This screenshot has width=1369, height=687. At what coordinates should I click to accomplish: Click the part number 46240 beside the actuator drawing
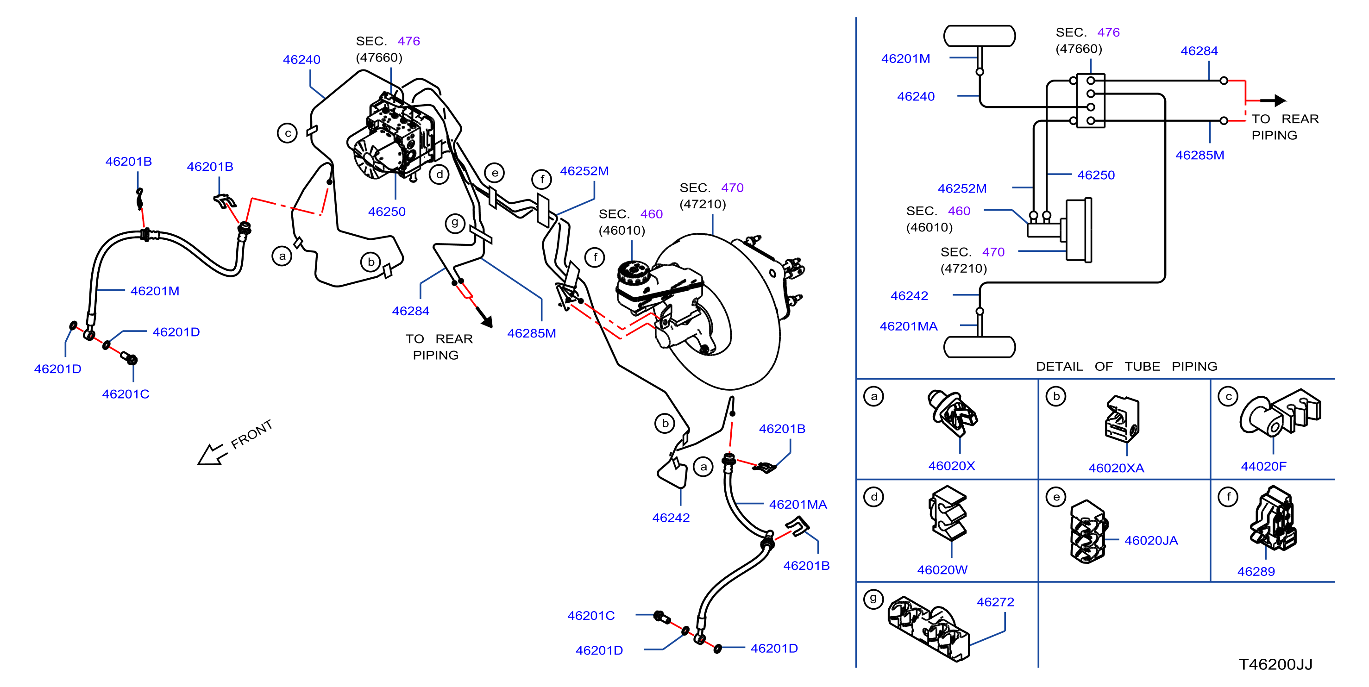pyautogui.click(x=301, y=60)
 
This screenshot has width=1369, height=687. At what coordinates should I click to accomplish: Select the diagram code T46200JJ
pyautogui.click(x=1275, y=664)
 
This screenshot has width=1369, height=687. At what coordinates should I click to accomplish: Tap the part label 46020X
pyautogui.click(x=951, y=466)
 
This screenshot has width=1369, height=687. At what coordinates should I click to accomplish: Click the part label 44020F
pyautogui.click(x=1263, y=467)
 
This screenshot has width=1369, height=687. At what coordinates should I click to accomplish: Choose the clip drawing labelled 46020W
pyautogui.click(x=948, y=513)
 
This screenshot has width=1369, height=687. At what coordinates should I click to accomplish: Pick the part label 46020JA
pyautogui.click(x=1151, y=540)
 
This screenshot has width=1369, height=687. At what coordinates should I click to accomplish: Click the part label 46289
pyautogui.click(x=1256, y=572)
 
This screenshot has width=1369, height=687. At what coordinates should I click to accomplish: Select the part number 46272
pyautogui.click(x=995, y=602)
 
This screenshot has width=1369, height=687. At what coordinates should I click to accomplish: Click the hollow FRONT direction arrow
pyautogui.click(x=210, y=454)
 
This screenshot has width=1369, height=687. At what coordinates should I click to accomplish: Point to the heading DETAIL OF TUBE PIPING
pyautogui.click(x=1126, y=367)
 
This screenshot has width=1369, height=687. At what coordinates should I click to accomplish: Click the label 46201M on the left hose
pyautogui.click(x=155, y=291)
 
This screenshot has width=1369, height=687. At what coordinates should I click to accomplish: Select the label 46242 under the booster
pyautogui.click(x=671, y=518)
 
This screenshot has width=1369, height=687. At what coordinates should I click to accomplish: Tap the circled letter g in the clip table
pyautogui.click(x=873, y=599)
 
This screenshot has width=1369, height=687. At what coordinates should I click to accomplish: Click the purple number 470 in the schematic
pyautogui.click(x=993, y=252)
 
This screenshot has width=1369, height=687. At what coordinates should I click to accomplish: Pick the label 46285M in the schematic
pyautogui.click(x=1199, y=155)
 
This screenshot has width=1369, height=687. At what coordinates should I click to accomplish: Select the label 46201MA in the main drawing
pyautogui.click(x=798, y=505)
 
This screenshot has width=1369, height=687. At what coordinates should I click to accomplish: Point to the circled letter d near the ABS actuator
pyautogui.click(x=439, y=174)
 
